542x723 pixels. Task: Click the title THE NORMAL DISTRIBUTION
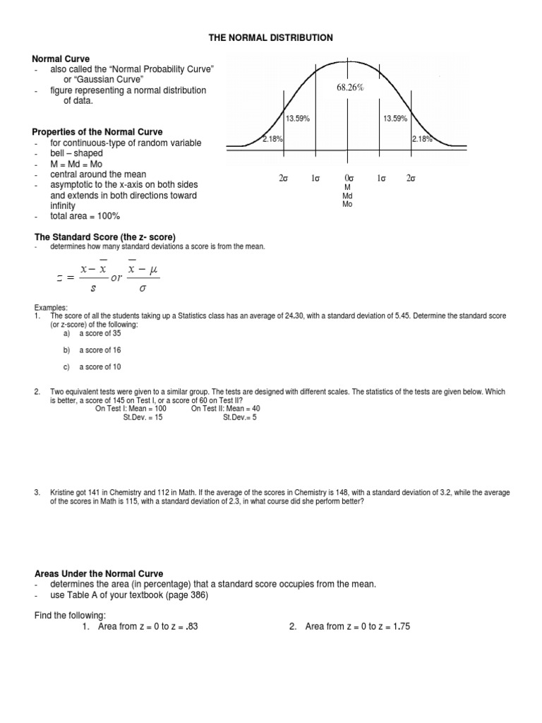tap(270, 38)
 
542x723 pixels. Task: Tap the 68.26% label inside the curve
tap(349, 88)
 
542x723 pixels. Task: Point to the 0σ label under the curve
tap(348, 179)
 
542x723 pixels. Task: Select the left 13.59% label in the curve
tap(299, 119)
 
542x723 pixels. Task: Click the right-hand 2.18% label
tap(422, 139)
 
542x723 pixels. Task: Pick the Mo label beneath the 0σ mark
tap(347, 204)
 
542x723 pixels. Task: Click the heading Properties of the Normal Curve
tap(97, 132)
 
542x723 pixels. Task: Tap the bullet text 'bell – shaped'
tap(76, 153)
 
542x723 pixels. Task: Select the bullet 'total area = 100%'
tap(85, 216)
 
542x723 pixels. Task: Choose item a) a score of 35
tap(95, 333)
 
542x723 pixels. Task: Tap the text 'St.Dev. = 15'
tap(143, 417)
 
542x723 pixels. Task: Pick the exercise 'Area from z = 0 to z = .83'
tap(147, 626)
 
